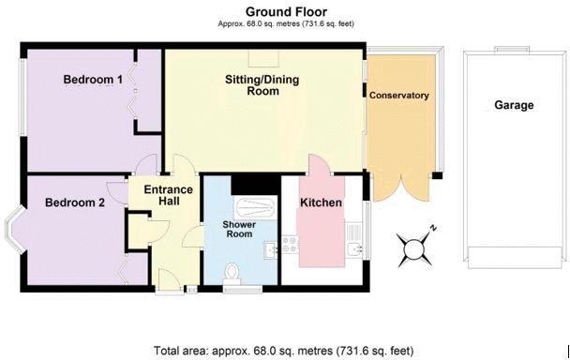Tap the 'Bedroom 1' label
click(x=93, y=81)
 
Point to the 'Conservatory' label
click(x=398, y=96)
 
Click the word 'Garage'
click(x=513, y=105)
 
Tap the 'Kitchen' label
click(x=320, y=202)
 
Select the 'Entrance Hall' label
click(x=168, y=197)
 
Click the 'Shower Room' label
click(x=240, y=230)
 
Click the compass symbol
click(x=413, y=247)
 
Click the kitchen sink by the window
click(x=352, y=249)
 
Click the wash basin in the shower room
click(x=268, y=248)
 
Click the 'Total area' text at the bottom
click(x=283, y=350)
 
